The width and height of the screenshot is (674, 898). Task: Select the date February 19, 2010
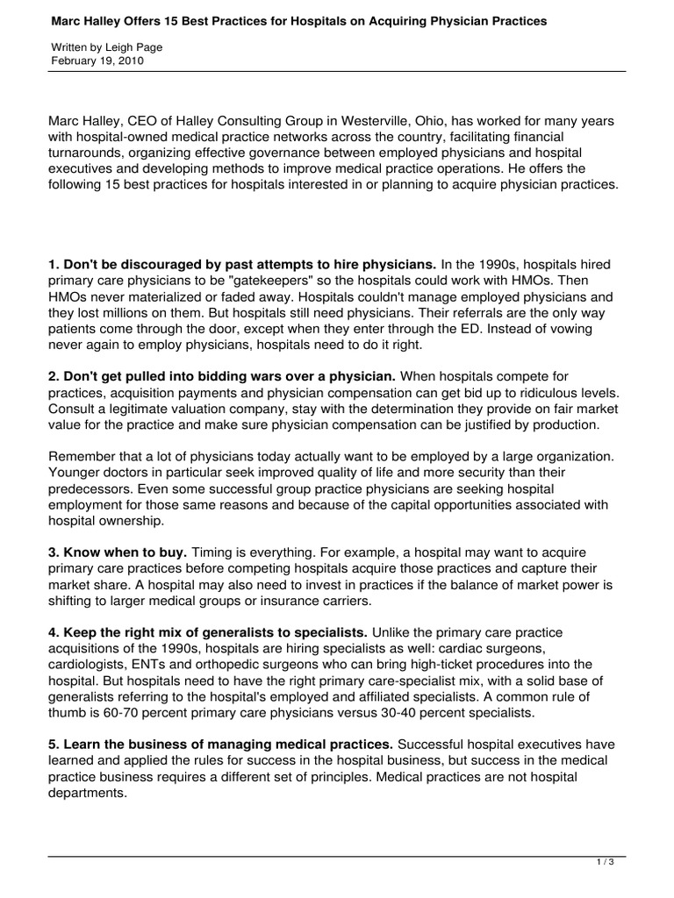97,61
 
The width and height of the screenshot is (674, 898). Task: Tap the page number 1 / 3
605,863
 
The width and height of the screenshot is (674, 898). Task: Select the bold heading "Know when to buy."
117,552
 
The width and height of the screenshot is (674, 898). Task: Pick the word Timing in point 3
213,552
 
